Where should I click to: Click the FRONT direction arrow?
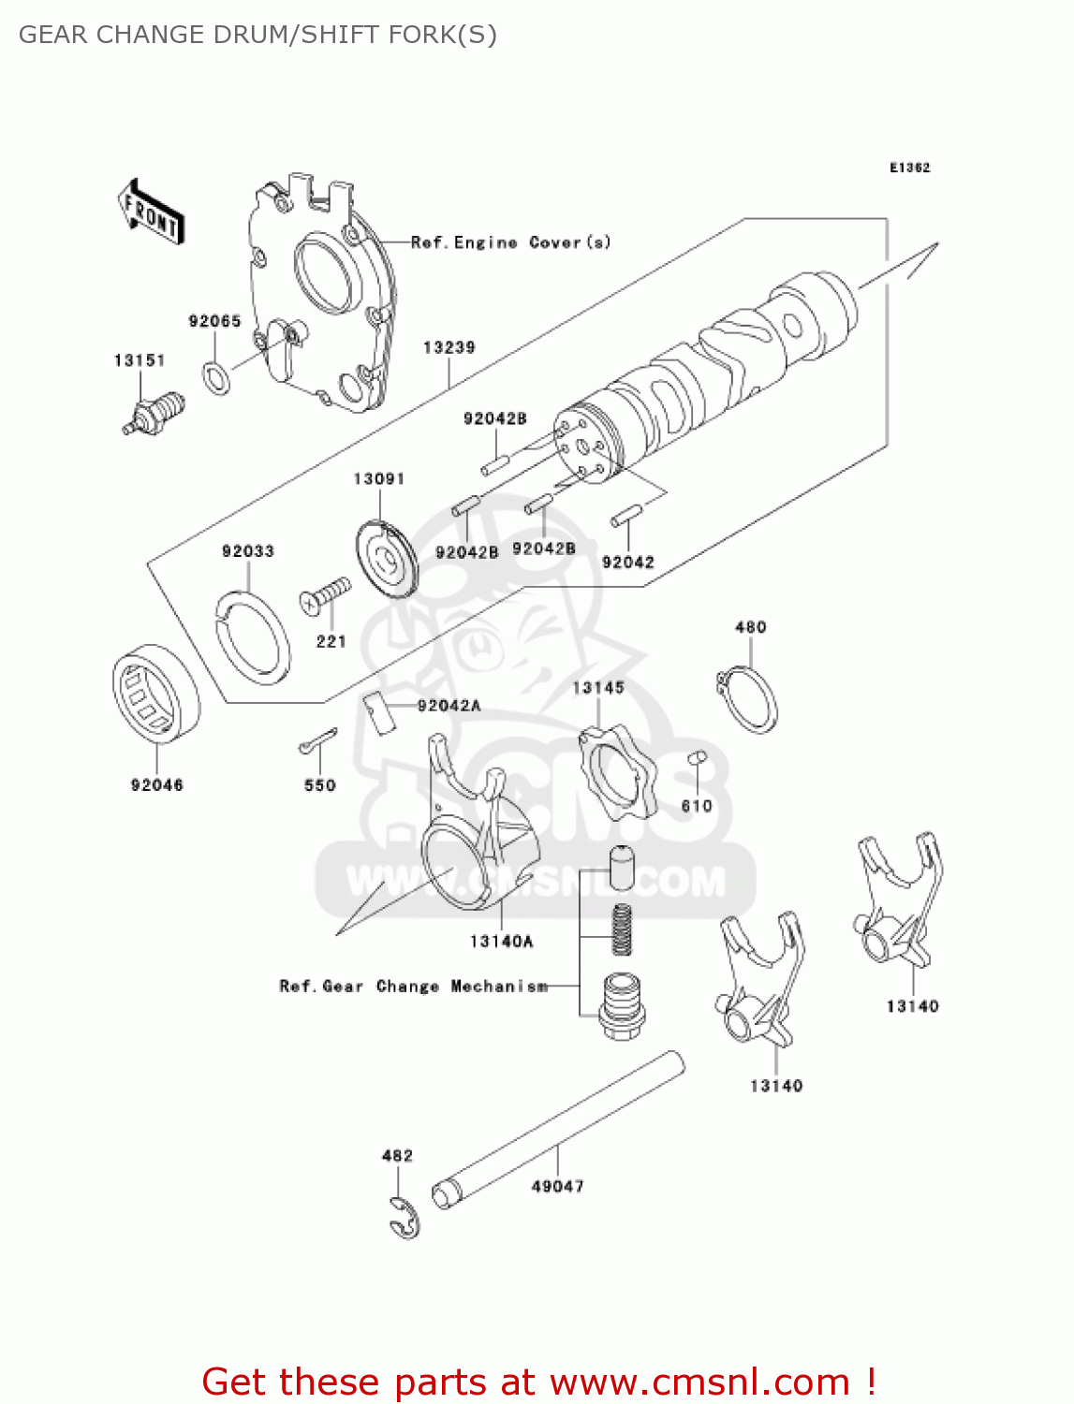click(x=151, y=212)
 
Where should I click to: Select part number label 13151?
click(x=140, y=360)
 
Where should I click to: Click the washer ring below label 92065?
click(x=216, y=376)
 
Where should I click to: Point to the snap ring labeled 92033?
click(x=251, y=633)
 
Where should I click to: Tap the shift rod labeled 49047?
click(x=557, y=1127)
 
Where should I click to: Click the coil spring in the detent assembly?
click(x=622, y=929)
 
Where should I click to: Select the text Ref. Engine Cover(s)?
click(x=510, y=242)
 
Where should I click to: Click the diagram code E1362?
click(x=909, y=168)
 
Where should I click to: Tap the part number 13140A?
click(x=501, y=942)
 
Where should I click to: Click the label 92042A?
click(x=449, y=706)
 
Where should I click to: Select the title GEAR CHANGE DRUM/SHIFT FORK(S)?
click(x=257, y=35)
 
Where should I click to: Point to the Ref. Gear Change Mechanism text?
click(x=413, y=987)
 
